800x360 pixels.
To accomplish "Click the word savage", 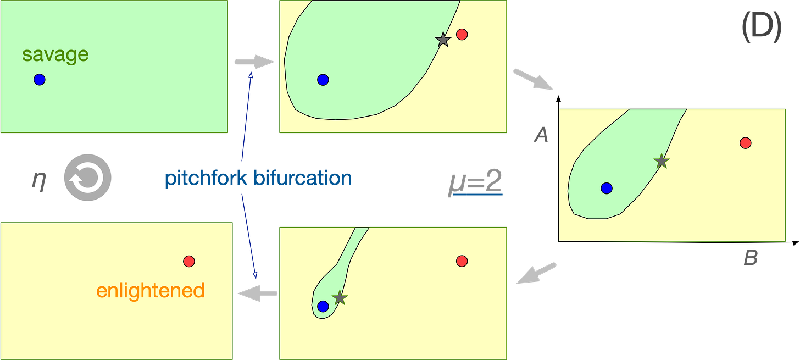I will [55, 55].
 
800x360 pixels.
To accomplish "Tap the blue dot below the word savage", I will [39, 80].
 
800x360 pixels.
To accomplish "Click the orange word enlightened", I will [150, 290].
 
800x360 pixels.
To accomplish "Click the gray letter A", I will [541, 135].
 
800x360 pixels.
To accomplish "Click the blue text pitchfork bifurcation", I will [257, 179].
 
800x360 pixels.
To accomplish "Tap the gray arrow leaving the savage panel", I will [254, 62].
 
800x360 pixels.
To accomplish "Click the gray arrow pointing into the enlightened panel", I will [257, 294].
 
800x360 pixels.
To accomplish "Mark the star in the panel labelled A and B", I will [662, 161].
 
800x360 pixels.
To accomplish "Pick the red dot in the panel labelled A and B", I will [746, 143].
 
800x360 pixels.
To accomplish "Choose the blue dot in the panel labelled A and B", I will [607, 188].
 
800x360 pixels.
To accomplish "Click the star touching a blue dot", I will [340, 298].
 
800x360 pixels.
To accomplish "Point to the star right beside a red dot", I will [442, 40].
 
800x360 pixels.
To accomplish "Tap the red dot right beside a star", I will [462, 35].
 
